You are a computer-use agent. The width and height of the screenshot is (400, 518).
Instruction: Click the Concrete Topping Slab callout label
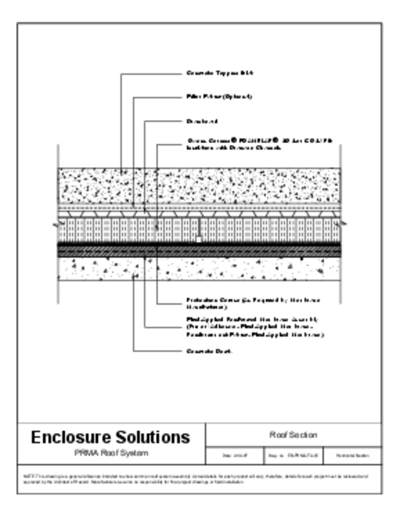pos(220,73)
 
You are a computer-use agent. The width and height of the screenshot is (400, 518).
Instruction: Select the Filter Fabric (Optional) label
pos(219,97)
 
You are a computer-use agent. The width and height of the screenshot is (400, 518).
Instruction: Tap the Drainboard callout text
pos(202,121)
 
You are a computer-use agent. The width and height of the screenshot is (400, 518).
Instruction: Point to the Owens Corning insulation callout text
pos(259,144)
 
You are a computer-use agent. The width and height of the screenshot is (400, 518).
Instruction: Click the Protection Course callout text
pos(253,303)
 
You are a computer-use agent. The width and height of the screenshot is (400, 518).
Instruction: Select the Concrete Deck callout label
pos(209,351)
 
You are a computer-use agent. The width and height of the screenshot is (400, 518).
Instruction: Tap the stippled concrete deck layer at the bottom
pos(226,269)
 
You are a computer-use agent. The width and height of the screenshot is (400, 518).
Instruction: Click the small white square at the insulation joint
pos(199,239)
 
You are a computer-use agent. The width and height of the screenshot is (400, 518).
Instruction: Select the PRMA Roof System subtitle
pos(111,453)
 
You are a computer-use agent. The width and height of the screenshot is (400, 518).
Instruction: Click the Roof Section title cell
pos(293,435)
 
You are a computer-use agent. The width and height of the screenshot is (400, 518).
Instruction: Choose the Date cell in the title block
pos(235,456)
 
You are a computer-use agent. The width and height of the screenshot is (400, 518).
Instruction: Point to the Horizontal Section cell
pos(352,456)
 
